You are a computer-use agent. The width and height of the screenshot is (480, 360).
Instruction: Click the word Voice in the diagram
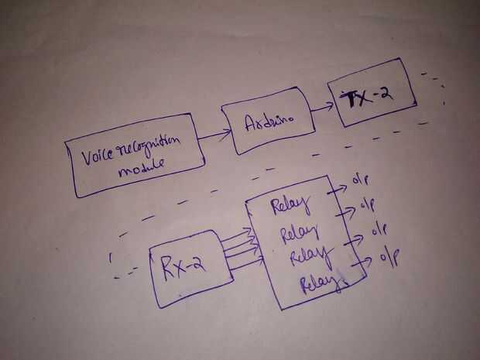(97, 156)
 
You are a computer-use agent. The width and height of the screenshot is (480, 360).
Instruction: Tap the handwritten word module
(142, 168)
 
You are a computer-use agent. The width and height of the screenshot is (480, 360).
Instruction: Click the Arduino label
(269, 122)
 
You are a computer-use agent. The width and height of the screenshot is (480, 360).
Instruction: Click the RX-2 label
(183, 266)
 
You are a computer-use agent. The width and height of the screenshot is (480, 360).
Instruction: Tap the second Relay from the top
(300, 233)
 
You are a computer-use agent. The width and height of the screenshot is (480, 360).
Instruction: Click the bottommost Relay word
(321, 283)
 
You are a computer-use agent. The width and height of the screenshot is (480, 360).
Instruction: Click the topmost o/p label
(361, 180)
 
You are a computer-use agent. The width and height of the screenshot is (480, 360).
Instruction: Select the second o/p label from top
(367, 204)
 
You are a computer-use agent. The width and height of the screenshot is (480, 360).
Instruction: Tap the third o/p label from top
(379, 229)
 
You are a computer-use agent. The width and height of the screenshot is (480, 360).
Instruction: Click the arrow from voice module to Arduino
(214, 135)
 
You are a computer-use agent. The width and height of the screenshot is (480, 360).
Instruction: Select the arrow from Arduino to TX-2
(322, 107)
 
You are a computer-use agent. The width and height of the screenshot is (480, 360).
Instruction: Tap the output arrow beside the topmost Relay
(337, 189)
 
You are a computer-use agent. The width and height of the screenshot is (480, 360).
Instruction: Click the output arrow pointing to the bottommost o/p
(362, 262)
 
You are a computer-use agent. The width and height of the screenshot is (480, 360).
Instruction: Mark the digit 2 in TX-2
(386, 93)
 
